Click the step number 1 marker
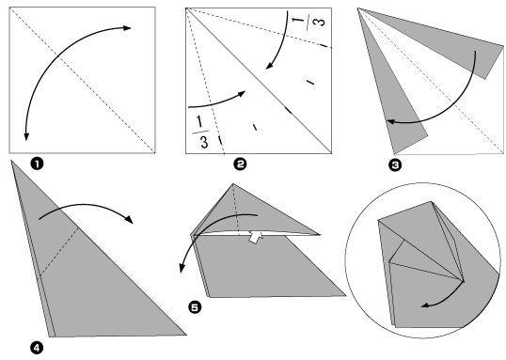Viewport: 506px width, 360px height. tap(37, 164)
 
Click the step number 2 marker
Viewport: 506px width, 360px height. tap(240, 164)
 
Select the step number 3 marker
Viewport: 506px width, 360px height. tap(395, 165)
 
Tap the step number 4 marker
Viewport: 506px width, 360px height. tap(37, 348)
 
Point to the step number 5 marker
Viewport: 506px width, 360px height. tap(195, 307)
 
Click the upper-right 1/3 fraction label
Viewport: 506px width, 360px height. tap(308, 22)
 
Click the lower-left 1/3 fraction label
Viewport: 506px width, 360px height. tap(201, 132)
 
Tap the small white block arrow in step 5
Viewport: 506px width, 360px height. tap(255, 238)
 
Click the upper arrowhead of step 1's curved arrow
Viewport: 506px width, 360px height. tap(127, 28)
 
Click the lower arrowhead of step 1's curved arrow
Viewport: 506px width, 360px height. tap(26, 136)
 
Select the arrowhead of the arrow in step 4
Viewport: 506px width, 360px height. tap(130, 220)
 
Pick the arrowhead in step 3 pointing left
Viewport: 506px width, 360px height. tap(390, 121)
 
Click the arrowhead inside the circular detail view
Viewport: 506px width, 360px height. tap(425, 305)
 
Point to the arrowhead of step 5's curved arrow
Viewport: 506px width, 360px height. tap(182, 269)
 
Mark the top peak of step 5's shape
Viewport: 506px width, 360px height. tap(233, 184)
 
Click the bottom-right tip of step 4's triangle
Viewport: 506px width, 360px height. tap(186, 335)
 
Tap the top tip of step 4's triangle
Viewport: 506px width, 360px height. tap(11, 161)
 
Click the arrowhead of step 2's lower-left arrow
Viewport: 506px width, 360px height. tap(242, 93)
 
